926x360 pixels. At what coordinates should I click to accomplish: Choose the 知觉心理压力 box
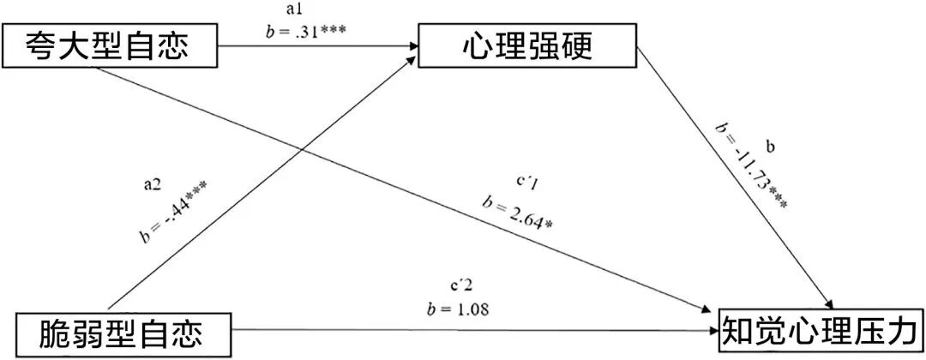[x=821, y=329]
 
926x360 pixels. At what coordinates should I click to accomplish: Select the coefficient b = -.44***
[x=176, y=210]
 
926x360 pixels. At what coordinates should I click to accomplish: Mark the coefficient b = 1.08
[x=457, y=307]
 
